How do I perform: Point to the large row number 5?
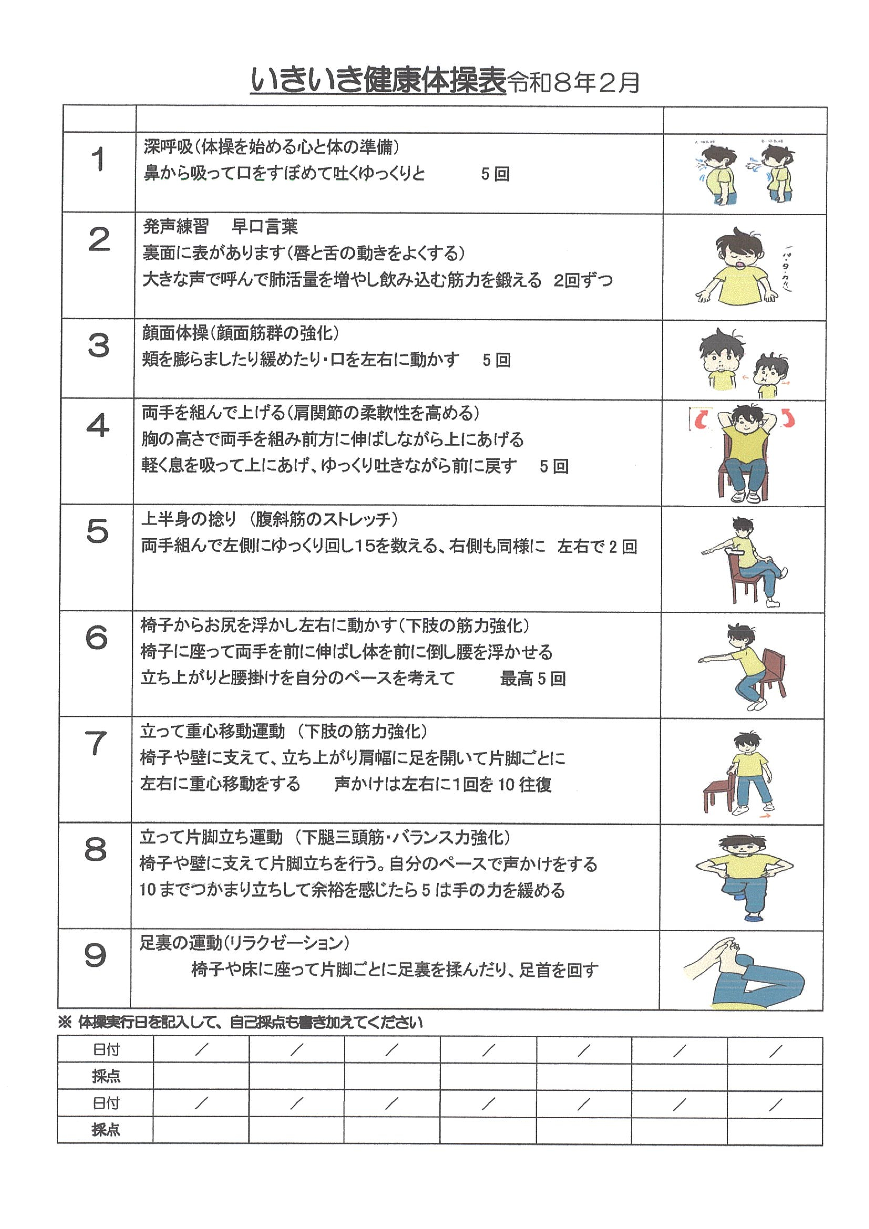click(x=97, y=532)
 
